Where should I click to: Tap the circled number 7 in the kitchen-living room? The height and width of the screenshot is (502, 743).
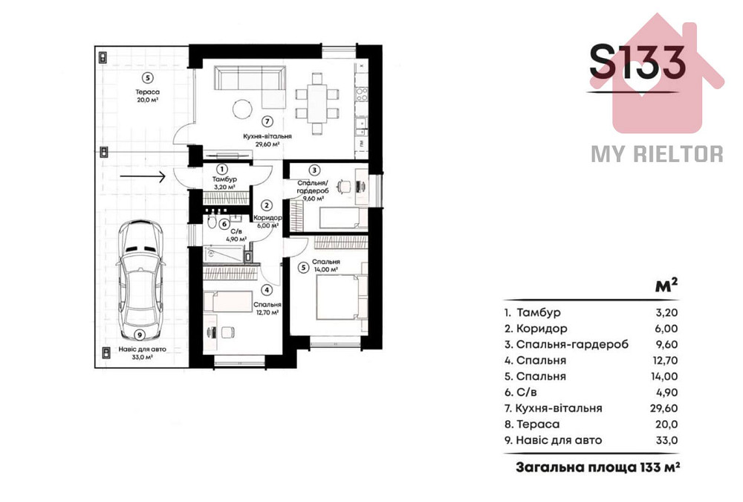[x=267, y=121]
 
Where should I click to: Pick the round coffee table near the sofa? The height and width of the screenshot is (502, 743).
[x=243, y=109]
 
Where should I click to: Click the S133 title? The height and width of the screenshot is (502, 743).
[x=637, y=62]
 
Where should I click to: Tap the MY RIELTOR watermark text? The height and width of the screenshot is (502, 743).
[x=657, y=154]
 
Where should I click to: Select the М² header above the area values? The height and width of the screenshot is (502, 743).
[x=666, y=286]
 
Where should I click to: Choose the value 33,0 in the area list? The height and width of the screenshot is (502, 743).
[x=663, y=440]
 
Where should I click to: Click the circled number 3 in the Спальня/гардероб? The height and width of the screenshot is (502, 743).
[x=314, y=170]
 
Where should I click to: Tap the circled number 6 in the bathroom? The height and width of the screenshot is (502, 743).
[x=224, y=223]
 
